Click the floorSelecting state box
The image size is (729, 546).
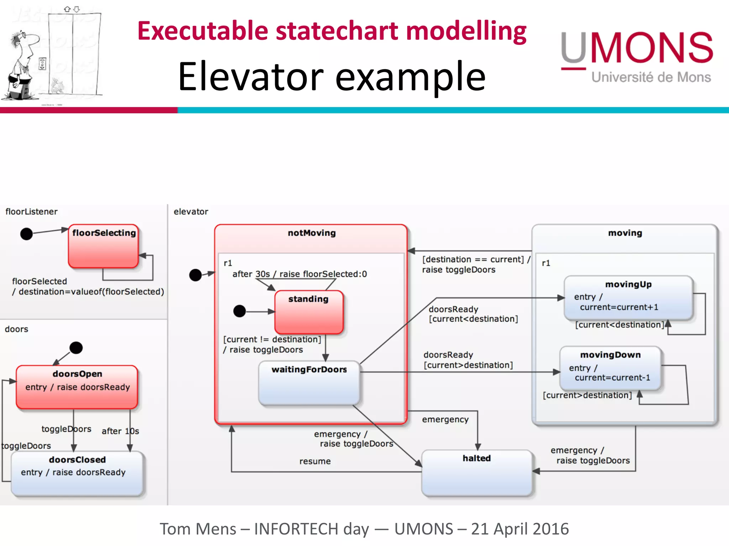click(103, 246)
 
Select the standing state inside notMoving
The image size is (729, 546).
click(309, 312)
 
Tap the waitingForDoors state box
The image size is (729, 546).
click(309, 383)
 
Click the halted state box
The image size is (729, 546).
click(477, 473)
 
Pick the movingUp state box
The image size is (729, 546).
click(628, 298)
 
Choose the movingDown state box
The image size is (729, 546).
click(610, 368)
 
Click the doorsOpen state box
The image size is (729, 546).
click(77, 387)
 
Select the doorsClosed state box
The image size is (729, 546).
click(77, 473)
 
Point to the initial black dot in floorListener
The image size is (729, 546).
click(26, 234)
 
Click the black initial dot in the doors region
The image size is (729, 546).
click(76, 348)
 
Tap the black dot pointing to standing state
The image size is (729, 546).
click(240, 311)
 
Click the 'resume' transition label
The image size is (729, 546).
click(315, 461)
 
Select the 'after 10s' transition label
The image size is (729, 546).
click(120, 431)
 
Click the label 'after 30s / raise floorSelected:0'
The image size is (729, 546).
click(299, 274)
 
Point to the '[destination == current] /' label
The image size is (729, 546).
click(476, 259)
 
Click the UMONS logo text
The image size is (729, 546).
click(636, 48)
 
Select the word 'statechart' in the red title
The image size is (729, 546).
click(337, 31)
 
